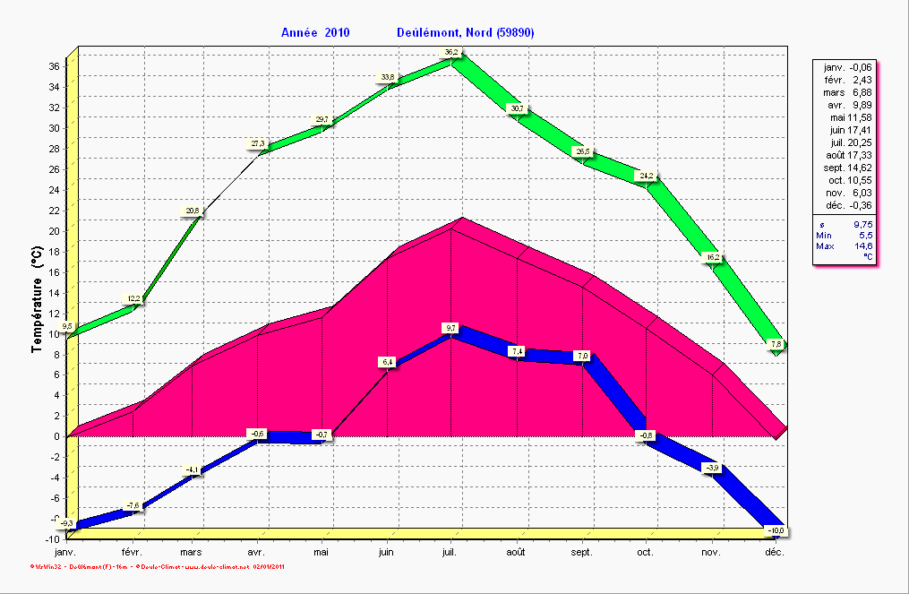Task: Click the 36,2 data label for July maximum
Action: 451,53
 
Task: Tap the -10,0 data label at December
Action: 776,531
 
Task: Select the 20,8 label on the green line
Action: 193,211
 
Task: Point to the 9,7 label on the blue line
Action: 450,328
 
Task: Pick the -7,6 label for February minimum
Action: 133,506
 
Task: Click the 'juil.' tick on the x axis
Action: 452,553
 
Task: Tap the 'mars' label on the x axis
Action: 192,553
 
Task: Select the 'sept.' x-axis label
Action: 582,553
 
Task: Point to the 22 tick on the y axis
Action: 54,211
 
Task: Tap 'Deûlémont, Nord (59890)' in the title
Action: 465,33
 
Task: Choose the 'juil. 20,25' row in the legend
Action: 847,142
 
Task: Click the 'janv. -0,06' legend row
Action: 847,67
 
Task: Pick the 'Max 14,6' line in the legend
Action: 845,245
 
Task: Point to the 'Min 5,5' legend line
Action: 845,235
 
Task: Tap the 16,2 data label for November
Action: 713,257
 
